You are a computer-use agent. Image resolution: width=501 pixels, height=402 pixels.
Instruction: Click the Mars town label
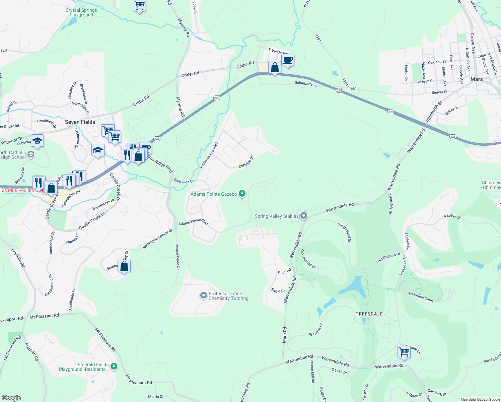476,79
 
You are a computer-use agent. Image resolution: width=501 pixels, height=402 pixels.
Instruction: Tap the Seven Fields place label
80,122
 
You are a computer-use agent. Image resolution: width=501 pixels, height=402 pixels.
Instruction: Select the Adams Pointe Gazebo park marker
242,194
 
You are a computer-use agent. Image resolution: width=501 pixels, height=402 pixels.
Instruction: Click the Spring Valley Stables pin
304,215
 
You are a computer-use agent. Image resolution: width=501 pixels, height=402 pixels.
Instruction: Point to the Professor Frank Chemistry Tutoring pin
203,295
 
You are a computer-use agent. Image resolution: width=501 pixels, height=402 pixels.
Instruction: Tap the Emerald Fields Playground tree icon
114,366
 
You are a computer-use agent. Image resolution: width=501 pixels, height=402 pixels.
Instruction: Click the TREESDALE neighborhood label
369,314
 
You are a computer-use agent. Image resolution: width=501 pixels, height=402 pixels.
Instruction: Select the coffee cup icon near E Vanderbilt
288,60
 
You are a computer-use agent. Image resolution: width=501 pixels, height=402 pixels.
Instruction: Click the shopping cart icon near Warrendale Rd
404,352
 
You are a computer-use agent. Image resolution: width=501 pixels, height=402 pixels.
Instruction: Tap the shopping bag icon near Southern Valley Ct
124,266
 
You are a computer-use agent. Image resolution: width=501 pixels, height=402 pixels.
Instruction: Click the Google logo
11,398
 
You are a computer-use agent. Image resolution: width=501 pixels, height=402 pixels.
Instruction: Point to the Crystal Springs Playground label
81,12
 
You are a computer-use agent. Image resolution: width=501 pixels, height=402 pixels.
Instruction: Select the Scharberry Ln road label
306,84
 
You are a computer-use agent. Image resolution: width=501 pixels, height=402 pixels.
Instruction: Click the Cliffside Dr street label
246,162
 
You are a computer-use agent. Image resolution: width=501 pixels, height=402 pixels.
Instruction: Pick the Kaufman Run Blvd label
209,155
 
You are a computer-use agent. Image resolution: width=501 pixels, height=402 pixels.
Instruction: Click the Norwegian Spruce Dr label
157,239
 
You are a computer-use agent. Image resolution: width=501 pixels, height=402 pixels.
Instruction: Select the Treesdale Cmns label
421,297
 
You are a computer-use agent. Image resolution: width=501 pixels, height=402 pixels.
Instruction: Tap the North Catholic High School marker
31,154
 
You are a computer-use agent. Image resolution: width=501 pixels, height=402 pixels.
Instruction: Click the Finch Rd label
284,272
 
